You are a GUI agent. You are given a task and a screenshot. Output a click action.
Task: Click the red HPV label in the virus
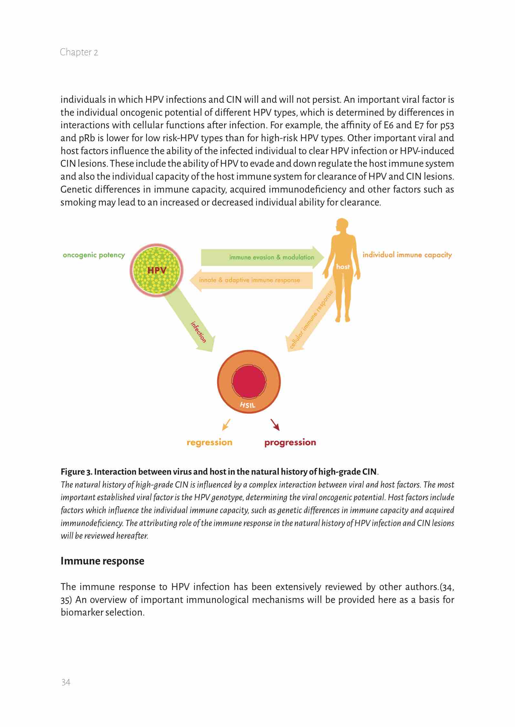[x=157, y=270]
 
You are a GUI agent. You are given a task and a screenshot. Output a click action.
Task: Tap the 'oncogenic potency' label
[x=94, y=255]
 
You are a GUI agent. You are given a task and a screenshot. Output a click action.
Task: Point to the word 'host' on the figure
[x=343, y=267]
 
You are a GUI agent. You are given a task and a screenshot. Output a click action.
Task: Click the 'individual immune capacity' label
[x=407, y=255]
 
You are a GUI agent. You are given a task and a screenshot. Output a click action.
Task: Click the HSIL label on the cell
[x=248, y=405]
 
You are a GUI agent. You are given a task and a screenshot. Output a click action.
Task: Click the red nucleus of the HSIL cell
[x=249, y=381]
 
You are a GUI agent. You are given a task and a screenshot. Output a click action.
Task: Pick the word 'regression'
[x=209, y=442]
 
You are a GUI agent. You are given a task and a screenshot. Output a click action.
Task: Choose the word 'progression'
[x=290, y=442]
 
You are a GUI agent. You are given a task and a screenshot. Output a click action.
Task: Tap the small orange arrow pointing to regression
[x=226, y=425]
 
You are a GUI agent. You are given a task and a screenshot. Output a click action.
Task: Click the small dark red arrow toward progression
[x=275, y=425]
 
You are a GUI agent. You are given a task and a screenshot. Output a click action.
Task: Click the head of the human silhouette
[x=342, y=225]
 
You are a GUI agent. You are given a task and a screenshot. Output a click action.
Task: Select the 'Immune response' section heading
[x=102, y=561]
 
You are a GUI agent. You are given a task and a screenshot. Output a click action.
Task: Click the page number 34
[x=66, y=682]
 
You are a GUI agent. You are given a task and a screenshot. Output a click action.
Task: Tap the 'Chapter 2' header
[x=79, y=52]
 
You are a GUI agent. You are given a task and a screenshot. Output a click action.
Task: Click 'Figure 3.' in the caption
[x=77, y=472]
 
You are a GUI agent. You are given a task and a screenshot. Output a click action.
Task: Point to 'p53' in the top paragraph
[x=447, y=125]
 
